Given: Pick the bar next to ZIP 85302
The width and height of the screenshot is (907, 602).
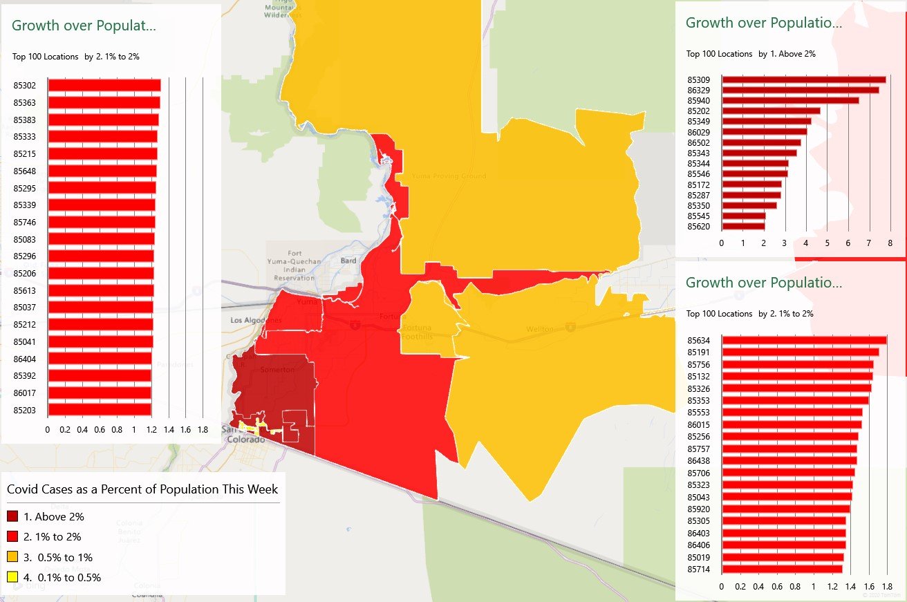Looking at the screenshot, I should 104,85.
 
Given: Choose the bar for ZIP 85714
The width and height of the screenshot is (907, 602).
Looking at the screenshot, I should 781,569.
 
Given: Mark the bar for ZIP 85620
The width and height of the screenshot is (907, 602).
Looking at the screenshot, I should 743,226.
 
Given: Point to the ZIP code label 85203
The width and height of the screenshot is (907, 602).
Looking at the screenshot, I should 24,410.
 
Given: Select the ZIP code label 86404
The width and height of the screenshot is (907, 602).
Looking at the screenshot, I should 24,359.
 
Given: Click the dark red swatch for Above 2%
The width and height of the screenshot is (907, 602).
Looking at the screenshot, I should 12,516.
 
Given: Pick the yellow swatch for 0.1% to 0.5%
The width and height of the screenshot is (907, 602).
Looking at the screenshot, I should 12,577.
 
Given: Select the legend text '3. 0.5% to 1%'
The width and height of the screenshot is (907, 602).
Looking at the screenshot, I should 58,557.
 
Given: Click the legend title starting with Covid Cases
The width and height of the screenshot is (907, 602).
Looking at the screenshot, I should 142,489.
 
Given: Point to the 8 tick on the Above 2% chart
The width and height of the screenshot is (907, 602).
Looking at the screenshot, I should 890,243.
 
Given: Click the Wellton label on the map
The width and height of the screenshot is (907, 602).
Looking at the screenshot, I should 541,330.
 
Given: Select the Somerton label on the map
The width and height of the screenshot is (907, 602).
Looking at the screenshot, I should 277,370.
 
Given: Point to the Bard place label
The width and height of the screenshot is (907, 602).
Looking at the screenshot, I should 348,261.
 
